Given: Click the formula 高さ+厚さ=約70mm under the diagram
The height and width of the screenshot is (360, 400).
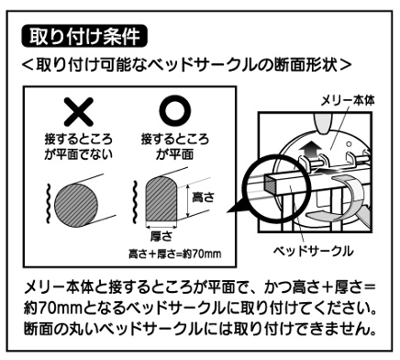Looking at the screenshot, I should click(176, 253).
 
